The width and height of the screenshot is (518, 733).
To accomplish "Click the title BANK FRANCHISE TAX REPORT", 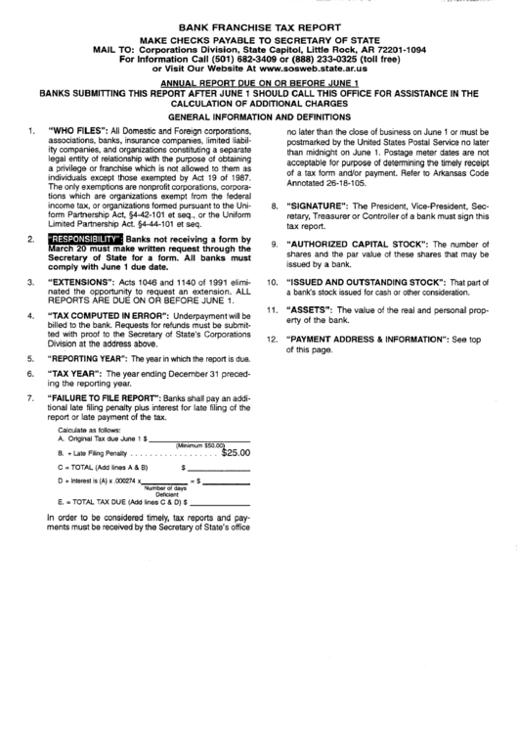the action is click(259, 30).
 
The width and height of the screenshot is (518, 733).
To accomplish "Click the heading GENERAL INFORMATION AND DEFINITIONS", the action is click(259, 115).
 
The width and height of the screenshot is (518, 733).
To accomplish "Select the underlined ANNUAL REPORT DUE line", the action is click(258, 84).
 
